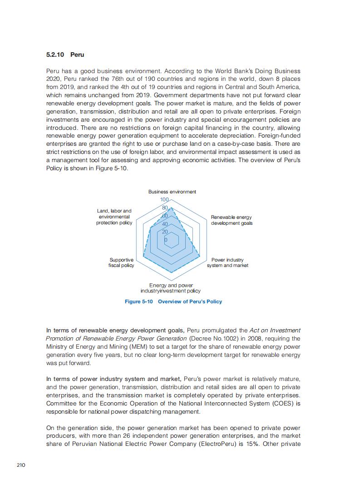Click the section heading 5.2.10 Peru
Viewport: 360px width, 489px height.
click(x=65, y=54)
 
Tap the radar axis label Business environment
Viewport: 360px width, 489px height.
click(x=172, y=192)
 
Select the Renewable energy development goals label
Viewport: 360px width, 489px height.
click(x=232, y=220)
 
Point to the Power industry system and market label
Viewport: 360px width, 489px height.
click(x=227, y=262)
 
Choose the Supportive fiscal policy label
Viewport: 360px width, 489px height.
click(x=121, y=262)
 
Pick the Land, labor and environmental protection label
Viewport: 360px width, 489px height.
click(x=114, y=217)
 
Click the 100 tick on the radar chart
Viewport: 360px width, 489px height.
click(x=164, y=200)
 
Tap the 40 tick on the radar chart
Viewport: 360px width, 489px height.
click(x=165, y=224)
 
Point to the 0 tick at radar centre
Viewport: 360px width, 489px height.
click(x=165, y=239)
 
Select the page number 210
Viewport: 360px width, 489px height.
click(x=21, y=465)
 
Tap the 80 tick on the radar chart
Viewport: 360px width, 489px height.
click(x=165, y=208)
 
